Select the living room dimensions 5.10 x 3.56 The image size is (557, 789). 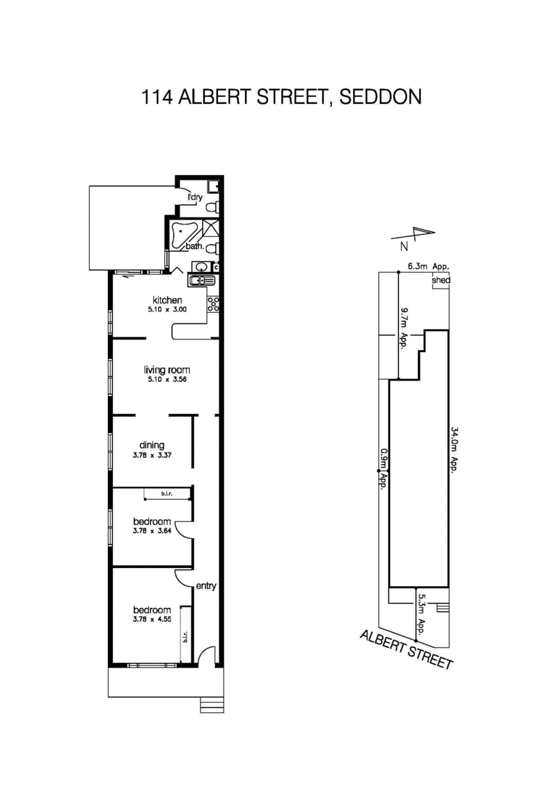[x=167, y=380]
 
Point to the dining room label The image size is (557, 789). [x=152, y=445]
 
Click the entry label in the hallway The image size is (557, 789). [x=206, y=586]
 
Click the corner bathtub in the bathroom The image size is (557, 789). [x=185, y=231]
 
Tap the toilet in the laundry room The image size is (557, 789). [x=214, y=207]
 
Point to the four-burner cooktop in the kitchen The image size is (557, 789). [x=214, y=304]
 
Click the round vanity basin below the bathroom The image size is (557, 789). [x=201, y=266]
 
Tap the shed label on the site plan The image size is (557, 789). [x=441, y=281]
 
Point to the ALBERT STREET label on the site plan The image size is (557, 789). [x=407, y=650]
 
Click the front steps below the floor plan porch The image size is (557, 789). [x=212, y=704]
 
